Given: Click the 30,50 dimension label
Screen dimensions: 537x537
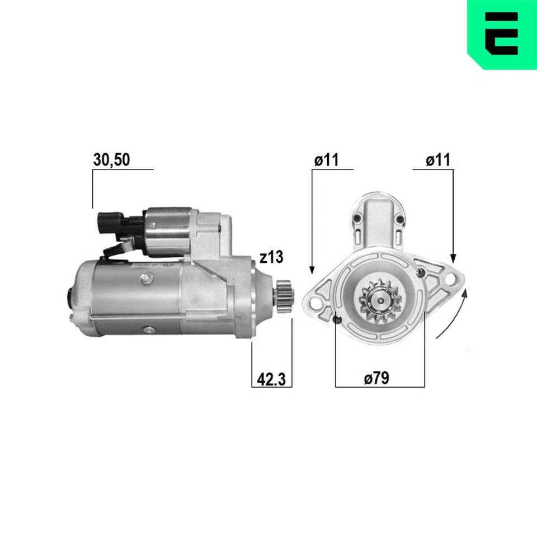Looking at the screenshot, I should coord(111,160).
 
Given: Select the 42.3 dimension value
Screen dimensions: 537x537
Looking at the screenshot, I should coord(271,379).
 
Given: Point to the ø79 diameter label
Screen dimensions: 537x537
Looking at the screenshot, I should coord(376,379).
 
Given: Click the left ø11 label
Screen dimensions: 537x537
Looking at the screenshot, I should coord(327,160).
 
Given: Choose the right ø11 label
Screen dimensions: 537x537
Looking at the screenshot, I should coord(437,160).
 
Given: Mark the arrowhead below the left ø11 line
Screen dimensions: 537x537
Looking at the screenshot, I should coord(312,270).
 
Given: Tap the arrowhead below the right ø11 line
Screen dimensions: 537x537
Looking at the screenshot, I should coord(454,258).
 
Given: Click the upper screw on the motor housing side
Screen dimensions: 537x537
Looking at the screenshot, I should coord(146,277).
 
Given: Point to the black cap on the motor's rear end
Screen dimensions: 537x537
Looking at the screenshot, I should coord(70,295).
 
